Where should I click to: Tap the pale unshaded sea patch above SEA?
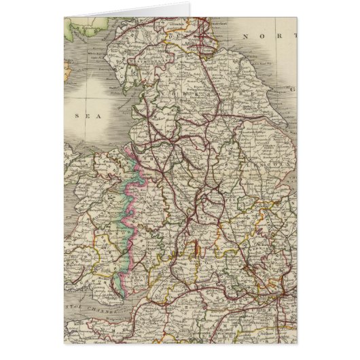pos(102,92)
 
